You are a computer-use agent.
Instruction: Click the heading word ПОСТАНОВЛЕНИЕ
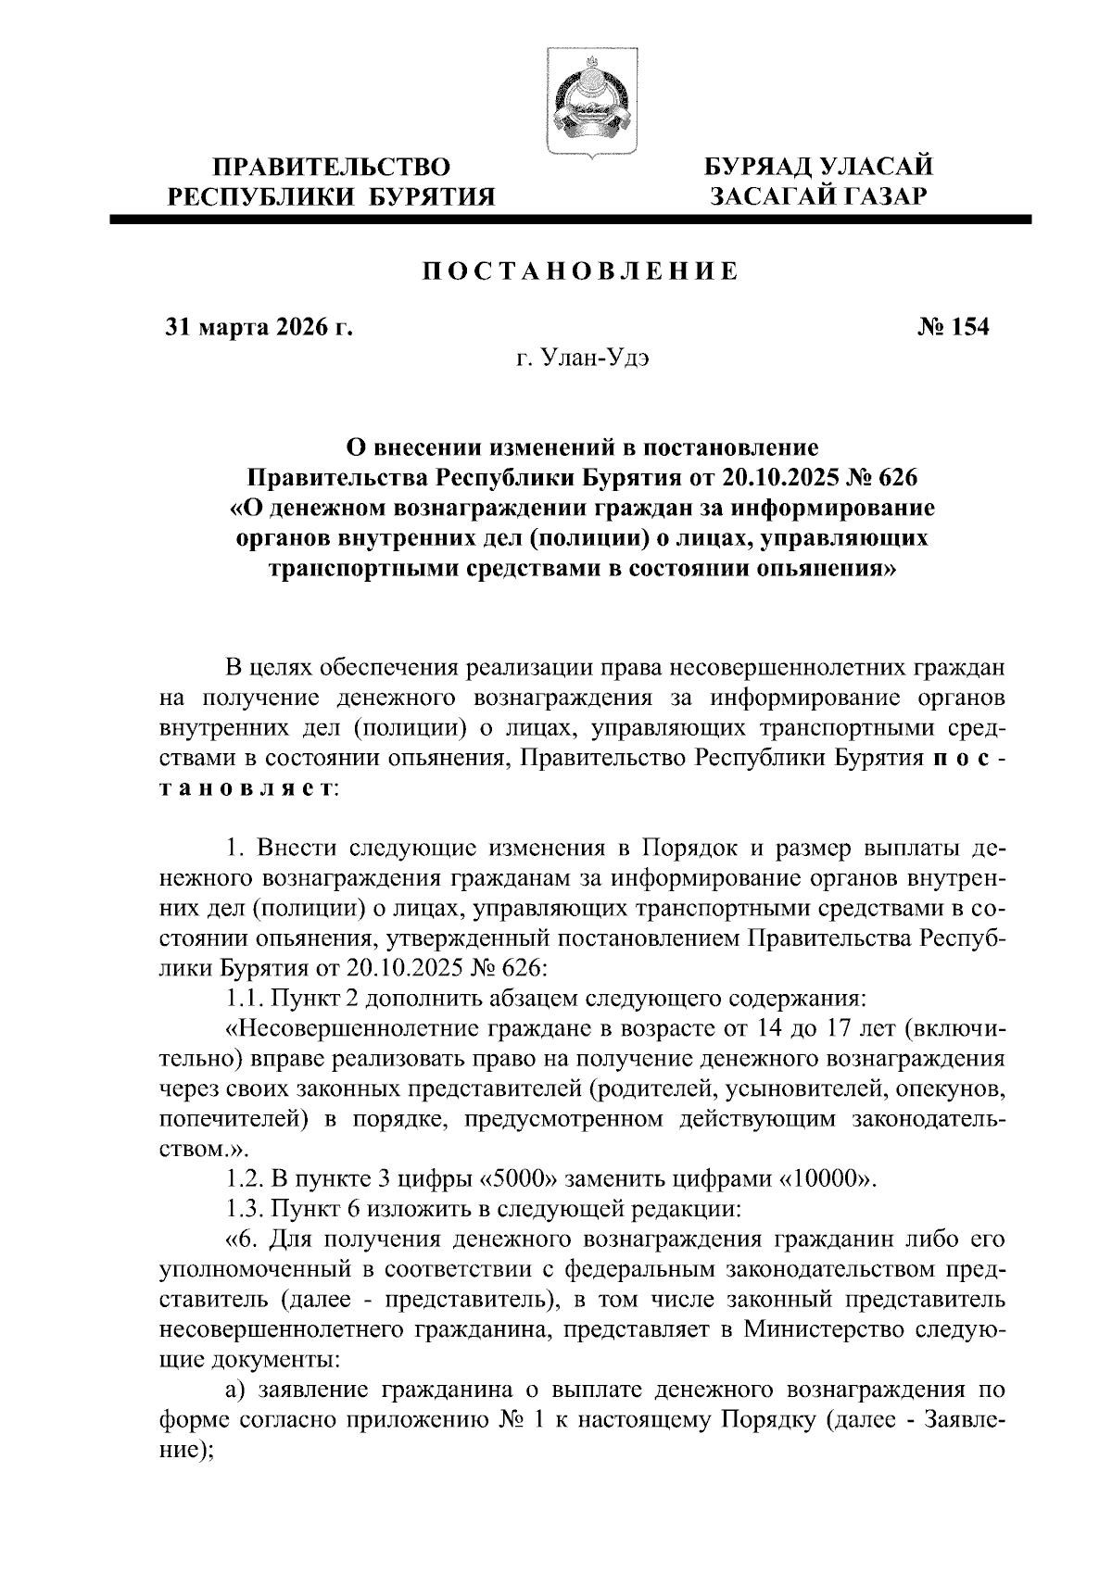581,271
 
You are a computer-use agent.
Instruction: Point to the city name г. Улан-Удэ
582,359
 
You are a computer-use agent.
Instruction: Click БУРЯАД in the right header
761,168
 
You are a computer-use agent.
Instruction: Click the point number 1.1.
244,999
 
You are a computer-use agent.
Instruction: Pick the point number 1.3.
244,1209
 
